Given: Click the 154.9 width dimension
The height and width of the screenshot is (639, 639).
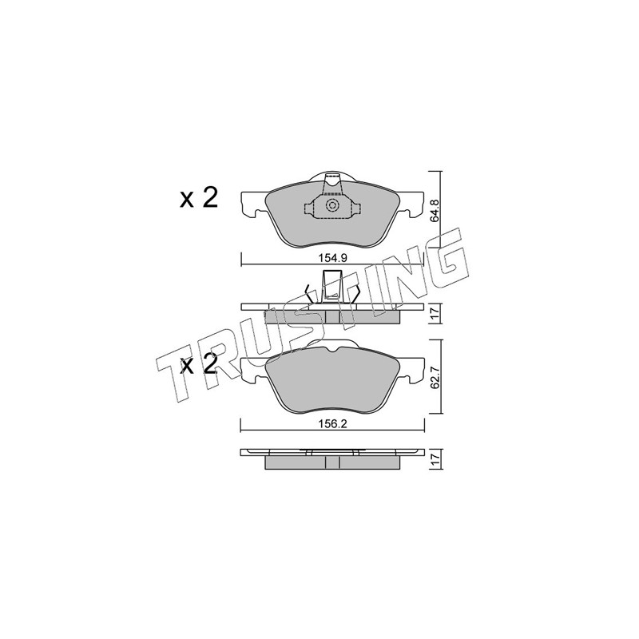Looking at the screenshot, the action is coord(332,257).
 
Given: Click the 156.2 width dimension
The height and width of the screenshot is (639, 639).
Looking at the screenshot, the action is coord(332,424).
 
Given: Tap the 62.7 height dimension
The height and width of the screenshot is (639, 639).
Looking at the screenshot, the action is coord(435,378).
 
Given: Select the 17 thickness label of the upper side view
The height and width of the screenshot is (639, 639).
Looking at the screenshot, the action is coord(435,313).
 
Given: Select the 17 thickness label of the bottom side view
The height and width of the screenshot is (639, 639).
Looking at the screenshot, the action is coord(435,459).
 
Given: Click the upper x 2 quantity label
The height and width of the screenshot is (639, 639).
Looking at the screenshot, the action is coord(199,198).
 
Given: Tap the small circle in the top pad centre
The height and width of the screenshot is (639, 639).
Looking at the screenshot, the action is coord(332,205).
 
